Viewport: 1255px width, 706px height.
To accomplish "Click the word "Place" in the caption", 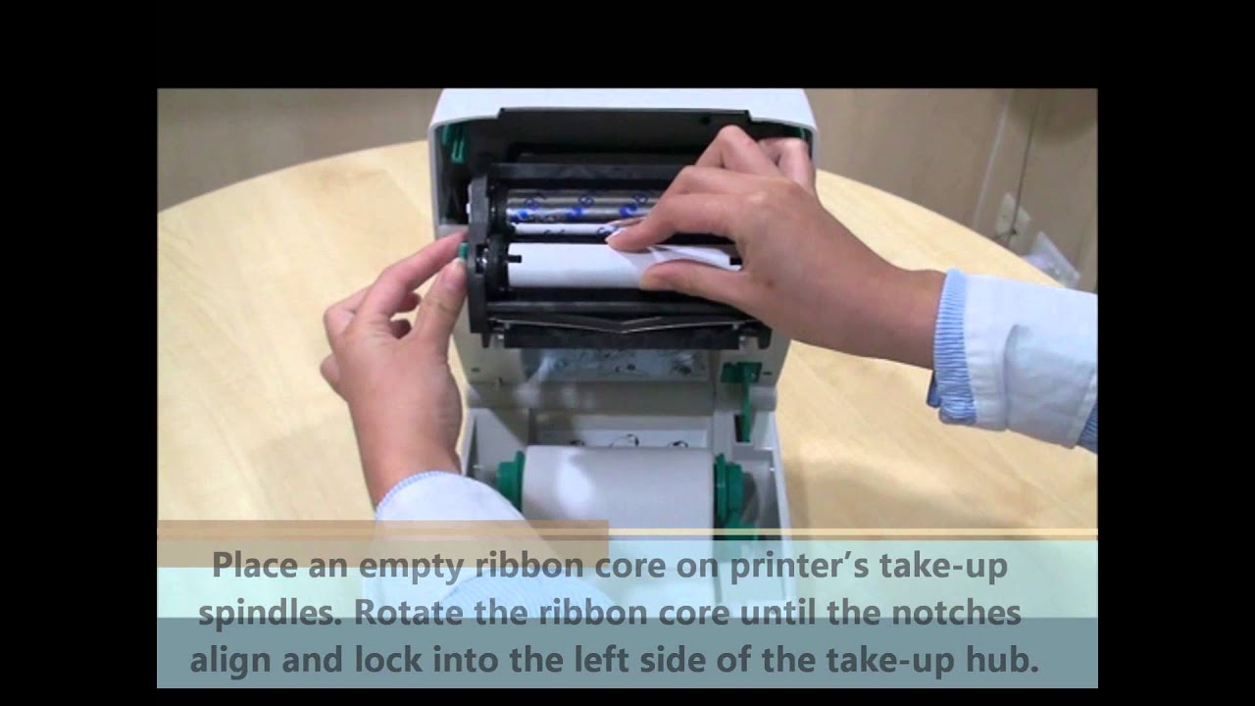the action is point(255,565).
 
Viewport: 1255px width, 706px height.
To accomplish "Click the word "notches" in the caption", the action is point(956,613).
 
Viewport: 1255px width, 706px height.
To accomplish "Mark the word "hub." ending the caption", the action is point(1002,660).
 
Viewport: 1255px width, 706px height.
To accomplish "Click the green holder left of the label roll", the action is point(510,480).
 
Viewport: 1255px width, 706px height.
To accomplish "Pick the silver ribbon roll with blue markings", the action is point(582,205).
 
